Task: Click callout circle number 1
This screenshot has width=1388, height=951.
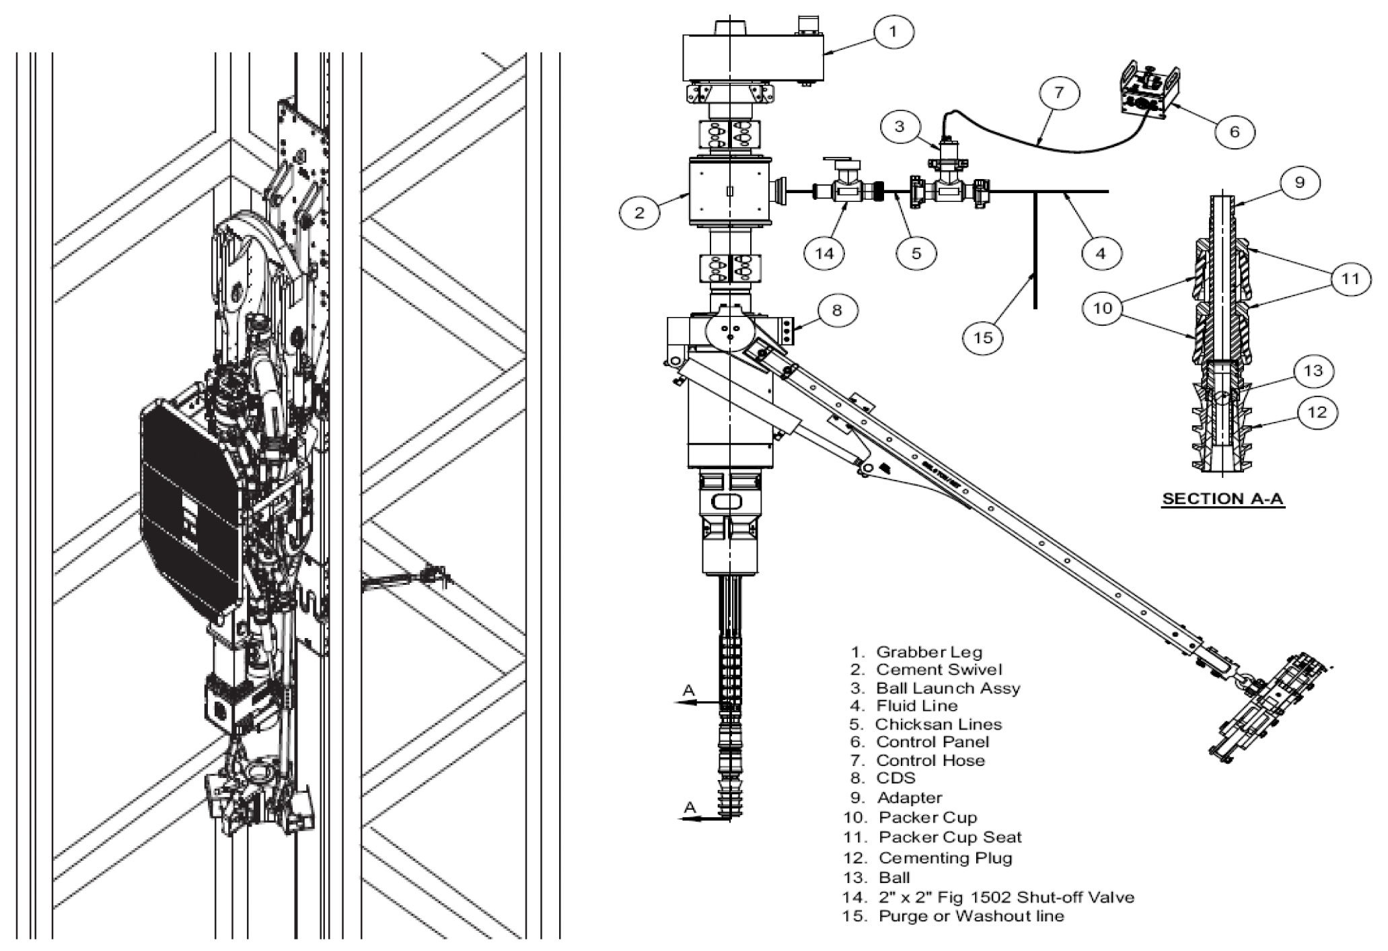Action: coord(893,32)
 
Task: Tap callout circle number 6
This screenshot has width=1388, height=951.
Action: coord(1234,131)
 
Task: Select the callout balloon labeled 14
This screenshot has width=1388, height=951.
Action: coord(824,253)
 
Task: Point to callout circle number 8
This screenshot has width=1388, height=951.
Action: coord(836,310)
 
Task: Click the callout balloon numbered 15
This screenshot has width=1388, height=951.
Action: coord(983,337)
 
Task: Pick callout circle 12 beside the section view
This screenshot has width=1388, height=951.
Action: coord(1317,412)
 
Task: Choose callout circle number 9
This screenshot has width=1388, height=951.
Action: coord(1299,182)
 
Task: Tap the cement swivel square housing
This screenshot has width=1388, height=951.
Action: coord(730,192)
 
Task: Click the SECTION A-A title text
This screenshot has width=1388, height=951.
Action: coord(1223,499)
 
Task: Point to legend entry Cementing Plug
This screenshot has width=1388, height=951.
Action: coord(945,858)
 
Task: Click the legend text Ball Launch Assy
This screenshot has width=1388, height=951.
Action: coord(947,688)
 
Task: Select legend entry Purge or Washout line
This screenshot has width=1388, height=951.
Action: coord(971,916)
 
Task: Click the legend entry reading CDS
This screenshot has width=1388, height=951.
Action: coord(896,778)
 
